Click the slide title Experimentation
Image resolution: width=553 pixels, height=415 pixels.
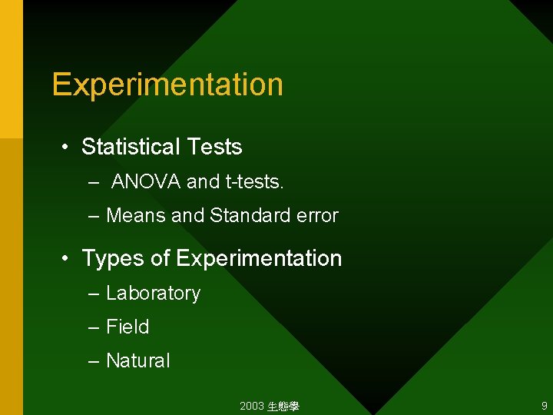167,85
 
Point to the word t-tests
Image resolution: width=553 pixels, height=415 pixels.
254,182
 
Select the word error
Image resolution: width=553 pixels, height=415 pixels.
315,216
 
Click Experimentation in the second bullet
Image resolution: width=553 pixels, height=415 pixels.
259,258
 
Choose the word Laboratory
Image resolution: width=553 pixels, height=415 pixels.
153,294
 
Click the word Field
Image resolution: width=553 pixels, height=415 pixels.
127,327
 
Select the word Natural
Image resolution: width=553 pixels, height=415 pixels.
137,361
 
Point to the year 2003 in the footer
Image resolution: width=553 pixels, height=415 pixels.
251,406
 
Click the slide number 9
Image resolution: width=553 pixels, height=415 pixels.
544,406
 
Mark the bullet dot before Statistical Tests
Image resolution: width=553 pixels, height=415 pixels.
68,148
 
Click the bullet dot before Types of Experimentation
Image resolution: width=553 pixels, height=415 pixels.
68,259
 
